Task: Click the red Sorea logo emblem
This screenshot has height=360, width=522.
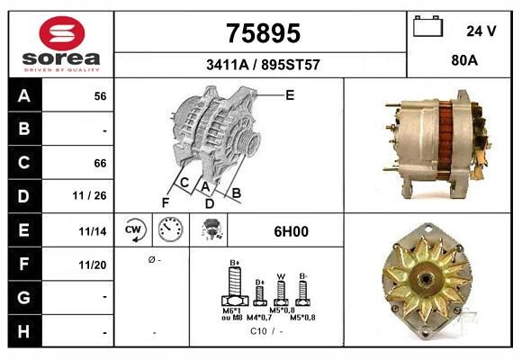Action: tap(62, 33)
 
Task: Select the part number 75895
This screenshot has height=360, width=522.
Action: tap(264, 33)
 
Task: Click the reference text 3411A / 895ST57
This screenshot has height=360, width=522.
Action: tap(263, 65)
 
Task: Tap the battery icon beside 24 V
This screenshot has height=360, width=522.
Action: tap(427, 26)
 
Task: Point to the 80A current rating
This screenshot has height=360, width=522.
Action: tap(464, 60)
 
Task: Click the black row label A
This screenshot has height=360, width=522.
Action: tap(24, 95)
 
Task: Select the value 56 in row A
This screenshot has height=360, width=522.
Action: tap(100, 96)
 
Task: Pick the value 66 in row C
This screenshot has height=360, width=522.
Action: tap(100, 163)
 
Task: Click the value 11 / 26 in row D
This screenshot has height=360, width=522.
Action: tap(90, 195)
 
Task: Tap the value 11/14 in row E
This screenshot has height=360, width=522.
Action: tap(93, 231)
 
